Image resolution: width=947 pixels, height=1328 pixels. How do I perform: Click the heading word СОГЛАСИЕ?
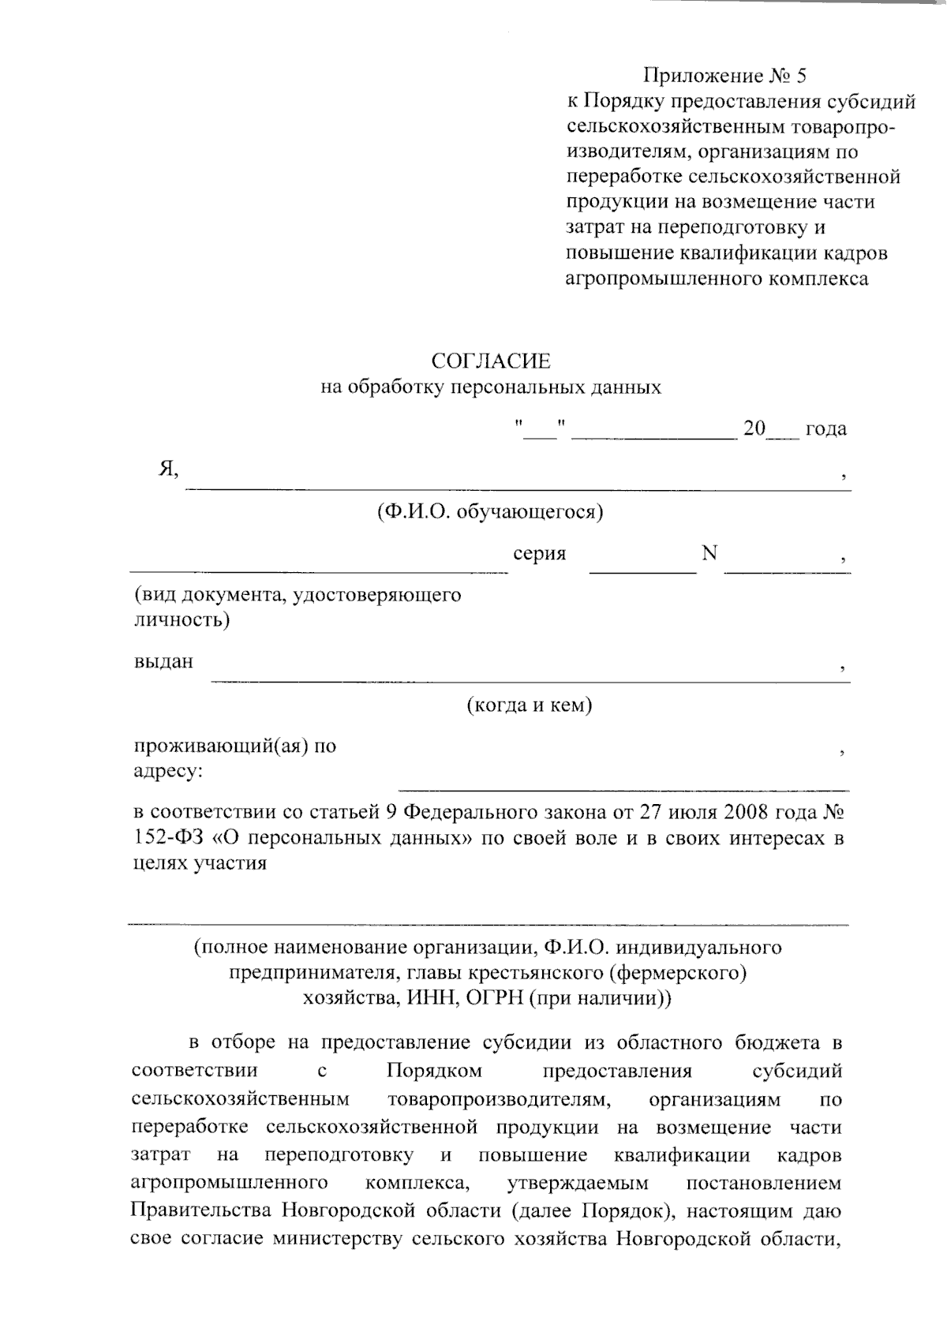click(x=490, y=361)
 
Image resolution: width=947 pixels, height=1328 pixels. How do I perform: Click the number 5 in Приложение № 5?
click(x=802, y=76)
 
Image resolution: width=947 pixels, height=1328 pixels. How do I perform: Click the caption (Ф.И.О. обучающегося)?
click(x=490, y=512)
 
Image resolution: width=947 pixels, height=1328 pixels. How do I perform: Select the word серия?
click(x=539, y=554)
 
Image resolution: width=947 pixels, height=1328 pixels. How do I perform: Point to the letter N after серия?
click(x=709, y=553)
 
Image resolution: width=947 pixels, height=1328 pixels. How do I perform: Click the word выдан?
click(x=163, y=661)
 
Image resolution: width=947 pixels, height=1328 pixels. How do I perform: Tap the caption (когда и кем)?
click(x=530, y=705)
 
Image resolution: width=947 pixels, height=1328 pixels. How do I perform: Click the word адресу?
click(x=167, y=771)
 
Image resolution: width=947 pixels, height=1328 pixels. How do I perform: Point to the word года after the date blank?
click(x=825, y=429)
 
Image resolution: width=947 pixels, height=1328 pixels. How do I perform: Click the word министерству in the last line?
click(x=338, y=1239)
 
